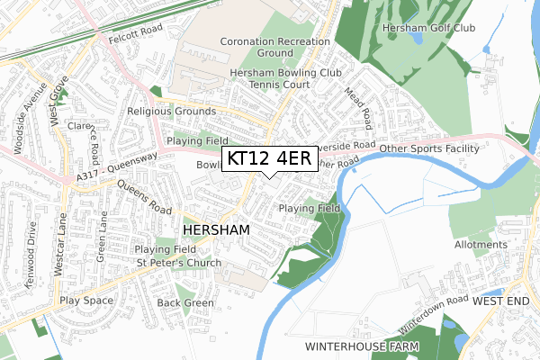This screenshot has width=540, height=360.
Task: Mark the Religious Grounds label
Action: pyautogui.click(x=172, y=112)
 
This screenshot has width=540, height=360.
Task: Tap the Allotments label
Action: pyautogui.click(x=481, y=245)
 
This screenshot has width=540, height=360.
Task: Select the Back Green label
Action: pyautogui.click(x=185, y=303)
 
